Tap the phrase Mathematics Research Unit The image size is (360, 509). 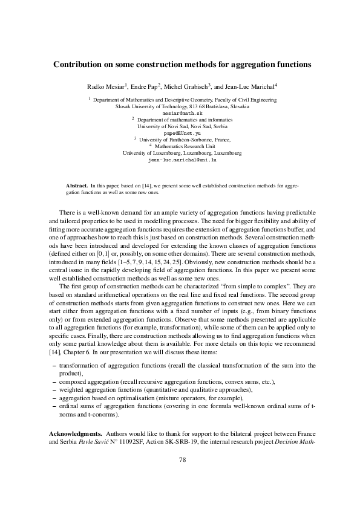(185, 146)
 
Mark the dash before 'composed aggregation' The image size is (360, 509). (56, 383)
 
